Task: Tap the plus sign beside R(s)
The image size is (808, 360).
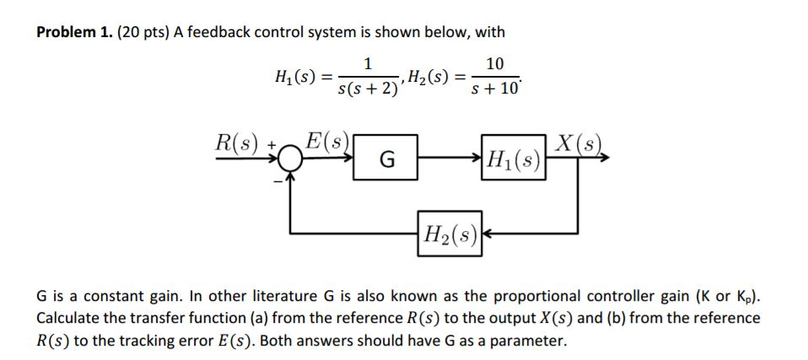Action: click(271, 145)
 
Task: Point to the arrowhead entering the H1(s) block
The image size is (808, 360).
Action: click(477, 158)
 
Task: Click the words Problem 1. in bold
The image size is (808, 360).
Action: click(74, 33)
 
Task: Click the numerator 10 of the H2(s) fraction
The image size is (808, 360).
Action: click(495, 63)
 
